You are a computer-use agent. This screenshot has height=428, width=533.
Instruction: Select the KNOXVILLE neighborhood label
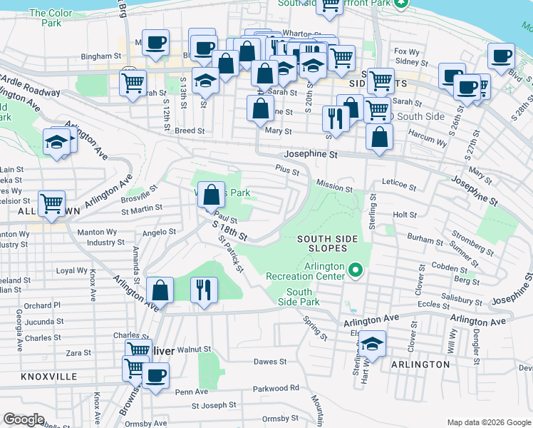pyautogui.click(x=48, y=376)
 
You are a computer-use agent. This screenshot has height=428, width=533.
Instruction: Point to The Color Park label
pyautogui.click(x=51, y=18)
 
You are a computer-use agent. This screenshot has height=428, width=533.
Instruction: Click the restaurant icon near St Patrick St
pyautogui.click(x=205, y=290)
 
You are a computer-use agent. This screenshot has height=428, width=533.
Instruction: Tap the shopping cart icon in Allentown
pyautogui.click(x=52, y=203)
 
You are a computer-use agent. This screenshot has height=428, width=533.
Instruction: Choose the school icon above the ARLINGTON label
pyautogui.click(x=372, y=344)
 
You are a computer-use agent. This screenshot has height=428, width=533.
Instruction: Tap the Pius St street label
pyautogui.click(x=287, y=168)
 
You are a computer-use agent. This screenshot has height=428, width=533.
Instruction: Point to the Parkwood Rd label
pyautogui.click(x=276, y=389)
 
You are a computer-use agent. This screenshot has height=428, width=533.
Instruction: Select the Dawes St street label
pyautogui.click(x=270, y=362)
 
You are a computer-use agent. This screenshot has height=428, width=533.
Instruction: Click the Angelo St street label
pyautogui.click(x=159, y=232)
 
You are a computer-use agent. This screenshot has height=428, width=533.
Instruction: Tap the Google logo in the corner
pyautogui.click(x=24, y=419)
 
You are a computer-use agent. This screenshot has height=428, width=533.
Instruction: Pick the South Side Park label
pyautogui.click(x=299, y=297)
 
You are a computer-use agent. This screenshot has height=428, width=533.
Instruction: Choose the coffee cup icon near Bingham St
pyautogui.click(x=155, y=42)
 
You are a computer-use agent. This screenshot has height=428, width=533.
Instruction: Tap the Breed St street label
pyautogui.click(x=190, y=131)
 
